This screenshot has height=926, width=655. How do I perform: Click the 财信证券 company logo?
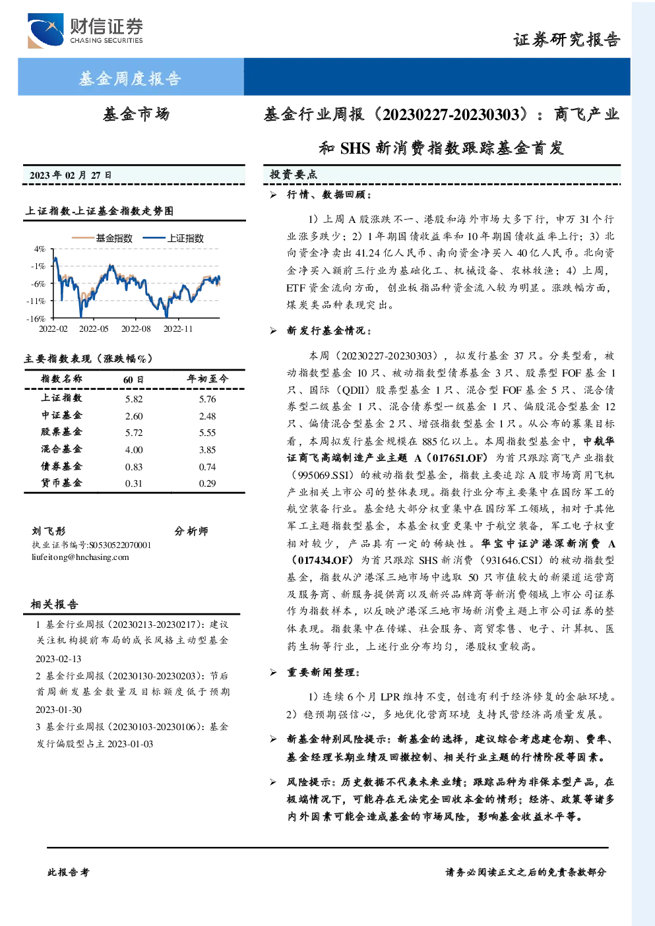pyautogui.click(x=85, y=30)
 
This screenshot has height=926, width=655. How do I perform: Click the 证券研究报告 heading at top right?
pyautogui.click(x=567, y=40)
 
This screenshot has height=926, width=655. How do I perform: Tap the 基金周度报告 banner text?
pyautogui.click(x=130, y=78)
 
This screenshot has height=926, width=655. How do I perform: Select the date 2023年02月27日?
pyautogui.click(x=71, y=175)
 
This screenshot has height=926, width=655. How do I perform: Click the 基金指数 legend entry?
pyautogui.click(x=102, y=238)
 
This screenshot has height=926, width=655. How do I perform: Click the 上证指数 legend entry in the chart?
pyautogui.click(x=173, y=238)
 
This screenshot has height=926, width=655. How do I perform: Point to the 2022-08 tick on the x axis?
pyautogui.click(x=136, y=328)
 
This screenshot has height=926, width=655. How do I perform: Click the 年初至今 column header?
pyautogui.click(x=207, y=379)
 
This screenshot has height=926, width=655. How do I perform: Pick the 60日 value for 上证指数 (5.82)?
pyautogui.click(x=134, y=399)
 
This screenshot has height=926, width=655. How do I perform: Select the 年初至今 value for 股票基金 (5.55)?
pyautogui.click(x=207, y=433)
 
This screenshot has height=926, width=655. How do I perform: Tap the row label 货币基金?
pyautogui.click(x=61, y=483)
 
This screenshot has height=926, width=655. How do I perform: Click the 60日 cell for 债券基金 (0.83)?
pyautogui.click(x=134, y=467)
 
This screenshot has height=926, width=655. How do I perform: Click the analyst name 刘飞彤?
pyautogui.click(x=48, y=531)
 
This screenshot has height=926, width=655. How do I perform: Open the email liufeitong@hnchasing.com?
pyautogui.click(x=80, y=557)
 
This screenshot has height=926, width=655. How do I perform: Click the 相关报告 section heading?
pyautogui.click(x=54, y=604)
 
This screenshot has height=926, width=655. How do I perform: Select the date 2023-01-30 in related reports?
pyautogui.click(x=58, y=710)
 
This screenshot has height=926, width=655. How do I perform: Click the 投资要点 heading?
pyautogui.click(x=294, y=175)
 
